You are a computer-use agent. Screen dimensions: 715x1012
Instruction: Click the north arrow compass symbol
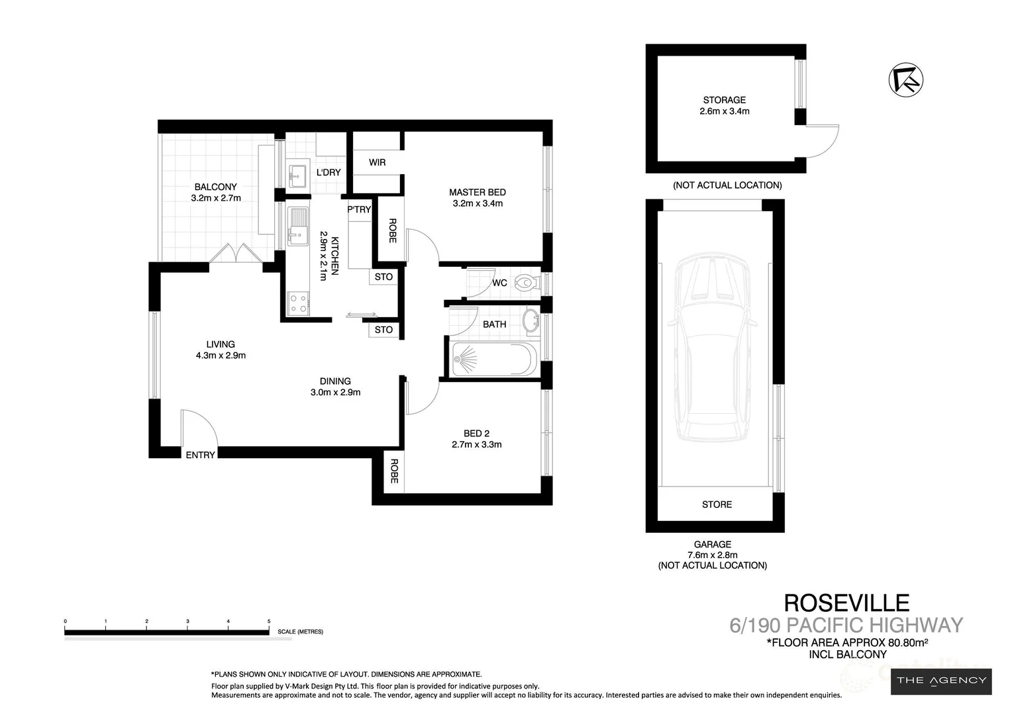905,79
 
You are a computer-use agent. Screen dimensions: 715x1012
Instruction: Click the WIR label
377,162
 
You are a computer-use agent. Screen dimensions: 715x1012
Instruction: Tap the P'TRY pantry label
359,210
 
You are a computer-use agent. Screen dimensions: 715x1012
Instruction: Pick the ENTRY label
200,455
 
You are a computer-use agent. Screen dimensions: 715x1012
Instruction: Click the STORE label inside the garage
717,504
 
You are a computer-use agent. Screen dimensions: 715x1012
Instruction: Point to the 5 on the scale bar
268,621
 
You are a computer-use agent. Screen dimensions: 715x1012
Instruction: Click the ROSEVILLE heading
846,602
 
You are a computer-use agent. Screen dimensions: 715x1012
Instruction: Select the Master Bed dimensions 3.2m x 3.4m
478,203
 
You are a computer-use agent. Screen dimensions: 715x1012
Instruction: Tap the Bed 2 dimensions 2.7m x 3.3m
476,444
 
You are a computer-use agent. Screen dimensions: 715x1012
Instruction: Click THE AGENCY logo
941,680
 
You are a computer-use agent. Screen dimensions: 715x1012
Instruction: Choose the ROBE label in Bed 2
394,471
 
